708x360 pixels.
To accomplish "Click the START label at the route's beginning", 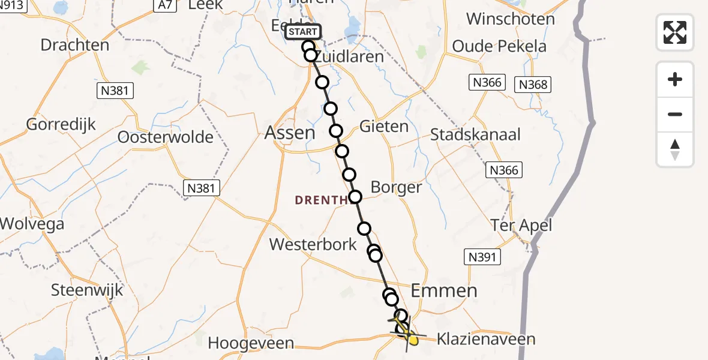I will click(304, 32).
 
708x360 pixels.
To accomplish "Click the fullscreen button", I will click(675, 32).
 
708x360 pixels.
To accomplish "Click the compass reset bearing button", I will click(675, 149).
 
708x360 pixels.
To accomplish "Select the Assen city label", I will click(290, 133).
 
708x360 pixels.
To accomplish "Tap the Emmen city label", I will click(444, 291).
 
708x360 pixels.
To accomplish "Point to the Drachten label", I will click(75, 45).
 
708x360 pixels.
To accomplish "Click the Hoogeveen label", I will click(251, 343).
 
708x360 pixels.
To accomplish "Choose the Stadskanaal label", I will click(475, 134).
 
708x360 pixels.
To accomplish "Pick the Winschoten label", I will click(511, 19).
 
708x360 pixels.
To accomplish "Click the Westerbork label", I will click(313, 244).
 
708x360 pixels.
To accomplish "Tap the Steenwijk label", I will click(87, 290).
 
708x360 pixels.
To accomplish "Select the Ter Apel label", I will click(521, 226).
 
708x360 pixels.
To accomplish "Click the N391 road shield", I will click(482, 257).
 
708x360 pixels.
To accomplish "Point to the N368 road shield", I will click(533, 85).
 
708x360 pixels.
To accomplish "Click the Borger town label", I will click(396, 187).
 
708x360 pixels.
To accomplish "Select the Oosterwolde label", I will click(165, 137).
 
